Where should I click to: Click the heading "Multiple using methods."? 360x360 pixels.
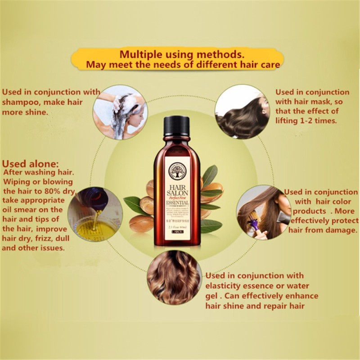click(182, 55)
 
